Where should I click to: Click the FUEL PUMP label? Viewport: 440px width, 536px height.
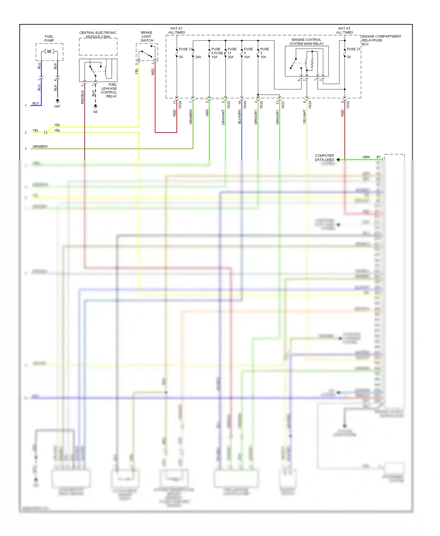coord(49,38)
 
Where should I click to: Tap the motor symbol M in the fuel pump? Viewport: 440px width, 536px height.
coord(49,52)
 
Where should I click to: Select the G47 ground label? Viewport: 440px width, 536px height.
coord(57,106)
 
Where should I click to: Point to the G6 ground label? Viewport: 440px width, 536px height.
coord(95,112)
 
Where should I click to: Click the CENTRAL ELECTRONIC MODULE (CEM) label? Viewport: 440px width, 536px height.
coord(98,35)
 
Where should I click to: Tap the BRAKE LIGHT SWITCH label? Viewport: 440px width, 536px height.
coord(147,36)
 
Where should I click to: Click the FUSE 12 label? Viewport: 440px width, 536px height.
coord(186,49)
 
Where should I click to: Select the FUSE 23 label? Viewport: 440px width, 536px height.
coord(353,49)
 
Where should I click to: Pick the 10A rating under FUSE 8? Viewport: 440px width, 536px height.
coord(247,57)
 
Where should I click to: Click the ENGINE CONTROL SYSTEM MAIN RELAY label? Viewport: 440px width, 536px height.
coord(307,42)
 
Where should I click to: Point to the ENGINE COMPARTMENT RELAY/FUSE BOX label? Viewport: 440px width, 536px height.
coord(381,40)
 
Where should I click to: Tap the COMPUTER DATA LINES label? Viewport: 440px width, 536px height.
coord(324,157)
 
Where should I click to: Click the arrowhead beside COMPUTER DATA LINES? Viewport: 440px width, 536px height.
coord(338,160)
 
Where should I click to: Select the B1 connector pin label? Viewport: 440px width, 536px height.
coord(378,157)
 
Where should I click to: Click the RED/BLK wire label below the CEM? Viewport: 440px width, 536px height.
coord(82,97)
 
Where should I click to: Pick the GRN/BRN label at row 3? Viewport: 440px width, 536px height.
coord(40,146)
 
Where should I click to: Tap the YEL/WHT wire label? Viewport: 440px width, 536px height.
coord(304,117)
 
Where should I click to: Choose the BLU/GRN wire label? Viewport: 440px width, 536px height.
coord(240,116)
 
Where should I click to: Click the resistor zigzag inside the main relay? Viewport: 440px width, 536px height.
coord(312,62)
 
